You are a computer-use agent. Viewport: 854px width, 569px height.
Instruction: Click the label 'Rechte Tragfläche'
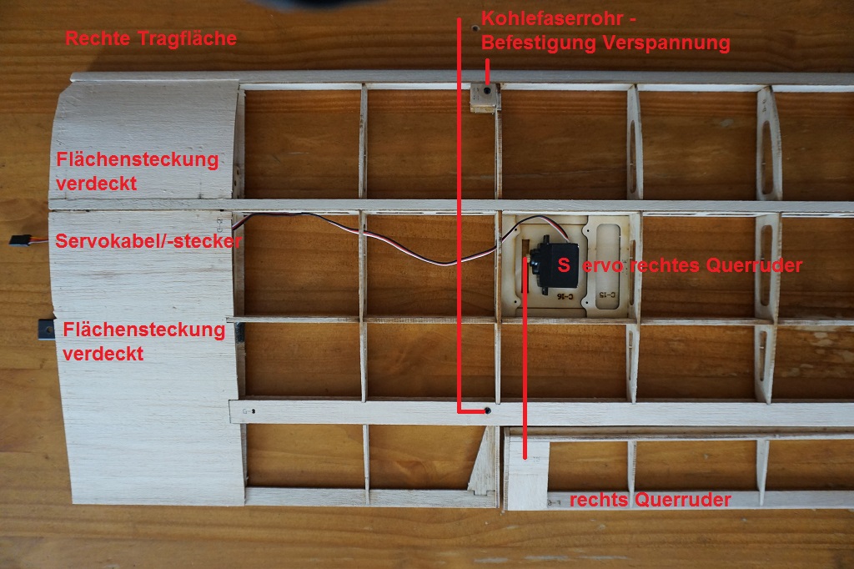point(151,38)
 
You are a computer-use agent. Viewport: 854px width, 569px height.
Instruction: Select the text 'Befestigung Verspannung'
point(606,44)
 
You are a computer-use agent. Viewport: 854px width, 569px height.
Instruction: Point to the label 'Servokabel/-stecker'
point(148,242)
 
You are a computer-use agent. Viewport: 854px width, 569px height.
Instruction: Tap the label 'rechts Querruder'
point(650,500)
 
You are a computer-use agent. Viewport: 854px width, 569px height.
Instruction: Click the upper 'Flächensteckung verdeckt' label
point(137,171)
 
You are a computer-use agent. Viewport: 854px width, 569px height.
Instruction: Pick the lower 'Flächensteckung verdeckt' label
point(143,341)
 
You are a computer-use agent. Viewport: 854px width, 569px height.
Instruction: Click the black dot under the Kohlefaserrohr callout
point(486,88)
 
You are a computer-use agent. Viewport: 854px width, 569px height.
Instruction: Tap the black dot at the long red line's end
point(487,410)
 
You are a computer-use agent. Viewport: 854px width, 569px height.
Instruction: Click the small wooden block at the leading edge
point(483,97)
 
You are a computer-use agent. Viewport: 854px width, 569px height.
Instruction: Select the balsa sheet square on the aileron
point(528,476)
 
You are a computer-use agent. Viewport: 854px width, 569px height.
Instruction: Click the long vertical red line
point(459,209)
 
